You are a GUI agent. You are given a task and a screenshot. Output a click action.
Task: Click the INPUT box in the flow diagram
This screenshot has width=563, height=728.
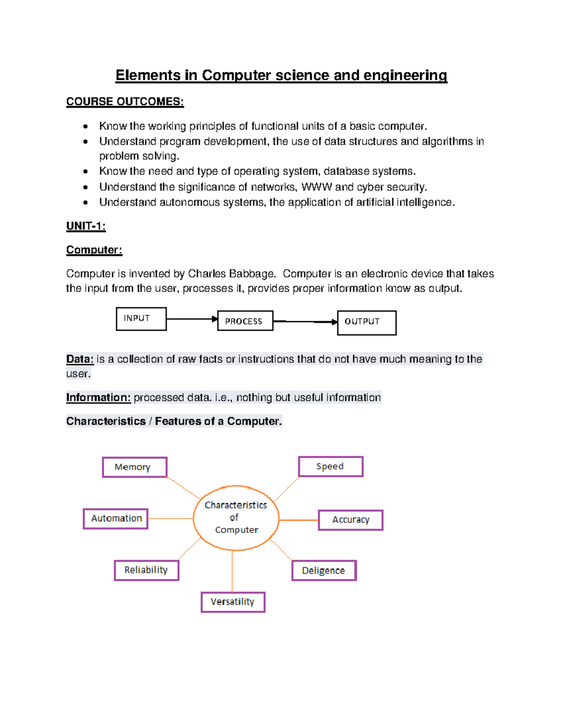(141, 319)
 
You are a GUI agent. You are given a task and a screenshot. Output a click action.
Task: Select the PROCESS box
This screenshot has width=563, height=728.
(245, 321)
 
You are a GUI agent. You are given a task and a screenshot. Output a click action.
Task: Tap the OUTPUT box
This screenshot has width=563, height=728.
(366, 323)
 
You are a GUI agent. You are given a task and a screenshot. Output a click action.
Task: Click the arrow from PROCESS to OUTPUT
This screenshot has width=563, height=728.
(305, 322)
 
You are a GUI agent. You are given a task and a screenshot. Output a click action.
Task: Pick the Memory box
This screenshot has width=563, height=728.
(135, 467)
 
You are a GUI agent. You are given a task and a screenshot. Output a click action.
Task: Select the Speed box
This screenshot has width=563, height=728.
(331, 466)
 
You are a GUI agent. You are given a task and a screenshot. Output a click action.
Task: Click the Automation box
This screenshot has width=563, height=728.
(116, 518)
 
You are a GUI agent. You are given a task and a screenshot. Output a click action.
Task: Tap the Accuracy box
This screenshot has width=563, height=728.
(350, 520)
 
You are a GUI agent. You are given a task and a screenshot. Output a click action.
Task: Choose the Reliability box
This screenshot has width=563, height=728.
(146, 570)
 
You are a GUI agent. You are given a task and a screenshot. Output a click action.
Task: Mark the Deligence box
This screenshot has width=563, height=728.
(324, 570)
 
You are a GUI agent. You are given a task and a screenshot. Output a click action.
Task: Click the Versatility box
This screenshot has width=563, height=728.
(233, 602)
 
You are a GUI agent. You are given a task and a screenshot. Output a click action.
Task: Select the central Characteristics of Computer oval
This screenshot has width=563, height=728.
(236, 518)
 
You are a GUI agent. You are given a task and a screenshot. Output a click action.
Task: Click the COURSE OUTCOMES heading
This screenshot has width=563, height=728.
(125, 102)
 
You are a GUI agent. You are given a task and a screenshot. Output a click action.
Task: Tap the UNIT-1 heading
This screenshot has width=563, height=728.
(86, 226)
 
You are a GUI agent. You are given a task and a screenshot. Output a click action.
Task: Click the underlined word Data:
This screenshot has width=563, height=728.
(80, 359)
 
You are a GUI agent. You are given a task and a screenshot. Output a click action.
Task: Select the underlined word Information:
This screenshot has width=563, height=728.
(98, 398)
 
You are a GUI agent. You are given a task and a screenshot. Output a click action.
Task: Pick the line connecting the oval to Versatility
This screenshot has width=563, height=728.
(232, 571)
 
